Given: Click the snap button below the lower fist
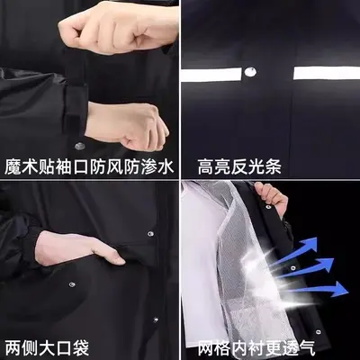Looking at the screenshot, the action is pos(79,146).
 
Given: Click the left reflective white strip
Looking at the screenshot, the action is pos(211,75).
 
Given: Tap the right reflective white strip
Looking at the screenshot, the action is pos(327,73).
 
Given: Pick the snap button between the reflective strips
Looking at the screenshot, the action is pos(250,72).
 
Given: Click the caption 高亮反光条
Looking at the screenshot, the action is pos(239,167).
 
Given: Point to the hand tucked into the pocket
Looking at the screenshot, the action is pos(79,248).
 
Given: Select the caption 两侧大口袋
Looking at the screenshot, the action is pos(47,347).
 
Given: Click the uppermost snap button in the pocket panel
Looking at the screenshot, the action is pos(150,233).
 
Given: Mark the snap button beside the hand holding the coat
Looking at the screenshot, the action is pos(268,207).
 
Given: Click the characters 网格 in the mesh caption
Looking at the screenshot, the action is pos(214,347).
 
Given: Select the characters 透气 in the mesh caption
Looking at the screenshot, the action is pos(298,347).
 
